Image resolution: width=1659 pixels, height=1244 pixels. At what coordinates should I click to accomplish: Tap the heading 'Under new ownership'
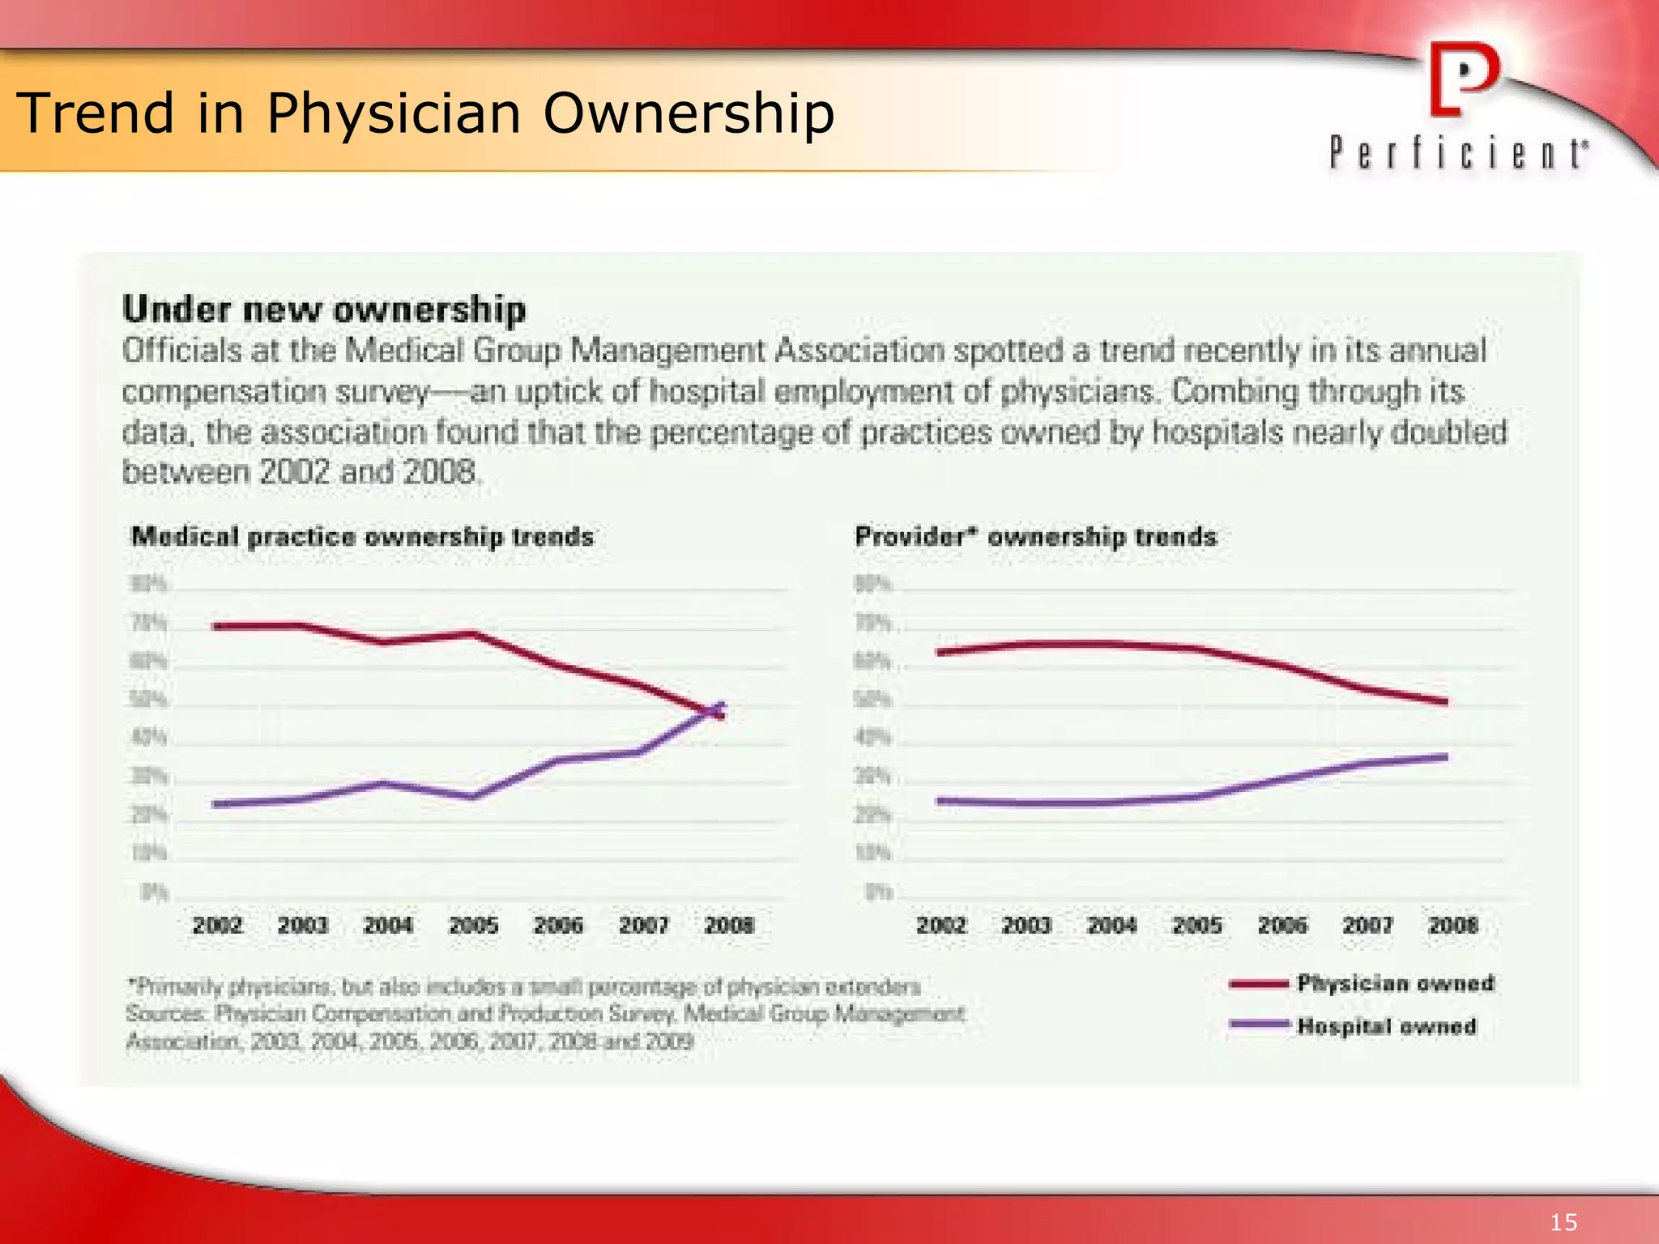tap(324, 309)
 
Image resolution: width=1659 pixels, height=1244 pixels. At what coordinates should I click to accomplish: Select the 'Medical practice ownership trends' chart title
tap(362, 536)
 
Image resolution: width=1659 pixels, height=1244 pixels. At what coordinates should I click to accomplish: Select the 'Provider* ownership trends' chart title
tap(1036, 536)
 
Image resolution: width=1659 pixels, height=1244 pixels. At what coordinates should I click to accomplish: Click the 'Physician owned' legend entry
tap(1395, 983)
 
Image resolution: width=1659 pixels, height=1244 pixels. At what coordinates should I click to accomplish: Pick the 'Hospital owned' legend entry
tap(1386, 1026)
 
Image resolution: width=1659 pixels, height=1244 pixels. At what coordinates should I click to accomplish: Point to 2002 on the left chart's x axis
tap(217, 925)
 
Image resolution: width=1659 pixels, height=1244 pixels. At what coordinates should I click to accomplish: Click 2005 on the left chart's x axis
tap(473, 925)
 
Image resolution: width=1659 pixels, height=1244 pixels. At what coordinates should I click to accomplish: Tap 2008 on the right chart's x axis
tap(1453, 925)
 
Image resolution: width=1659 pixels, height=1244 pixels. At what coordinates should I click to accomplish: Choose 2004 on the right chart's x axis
tap(1111, 925)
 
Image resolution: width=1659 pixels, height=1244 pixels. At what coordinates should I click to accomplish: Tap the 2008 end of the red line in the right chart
tap(1445, 701)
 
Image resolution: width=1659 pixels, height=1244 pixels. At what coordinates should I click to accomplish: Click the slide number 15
tap(1563, 1222)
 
